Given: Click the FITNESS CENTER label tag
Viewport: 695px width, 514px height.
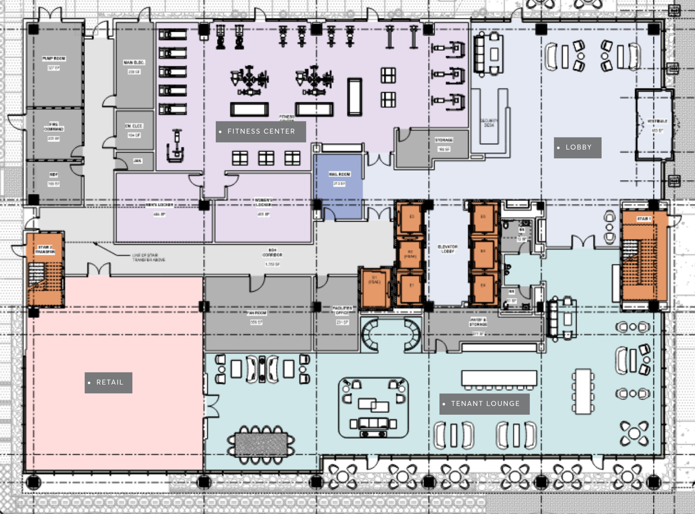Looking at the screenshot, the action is point(261,132).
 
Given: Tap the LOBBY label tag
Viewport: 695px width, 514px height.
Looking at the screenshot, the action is point(577,147).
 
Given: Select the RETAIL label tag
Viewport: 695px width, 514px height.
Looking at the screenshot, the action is point(109,382).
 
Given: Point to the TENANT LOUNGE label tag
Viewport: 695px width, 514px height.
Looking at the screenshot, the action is point(484,404).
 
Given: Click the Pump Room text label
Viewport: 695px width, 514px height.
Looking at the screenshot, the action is point(54,59).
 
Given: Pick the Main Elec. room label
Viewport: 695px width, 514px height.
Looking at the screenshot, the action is point(134,62).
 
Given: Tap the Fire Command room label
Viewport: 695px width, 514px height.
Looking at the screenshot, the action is point(54,127).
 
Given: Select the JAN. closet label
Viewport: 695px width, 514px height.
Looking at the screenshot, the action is point(137,161).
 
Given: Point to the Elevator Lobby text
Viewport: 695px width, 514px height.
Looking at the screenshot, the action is point(447,249).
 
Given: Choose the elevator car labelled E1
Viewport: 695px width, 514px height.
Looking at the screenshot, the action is point(411,286).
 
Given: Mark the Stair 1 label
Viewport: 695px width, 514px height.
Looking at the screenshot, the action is point(643,219).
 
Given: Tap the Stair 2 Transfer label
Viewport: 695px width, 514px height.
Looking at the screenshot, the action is point(45,249).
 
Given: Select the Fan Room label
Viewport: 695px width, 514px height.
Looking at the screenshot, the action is point(256,313).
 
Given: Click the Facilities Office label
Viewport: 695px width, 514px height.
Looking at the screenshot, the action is point(342,310).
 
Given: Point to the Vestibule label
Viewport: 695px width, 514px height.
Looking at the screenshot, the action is point(657,121).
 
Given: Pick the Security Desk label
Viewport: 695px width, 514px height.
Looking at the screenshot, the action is point(489,123).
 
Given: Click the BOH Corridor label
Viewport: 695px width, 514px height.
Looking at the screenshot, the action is point(272,253).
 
